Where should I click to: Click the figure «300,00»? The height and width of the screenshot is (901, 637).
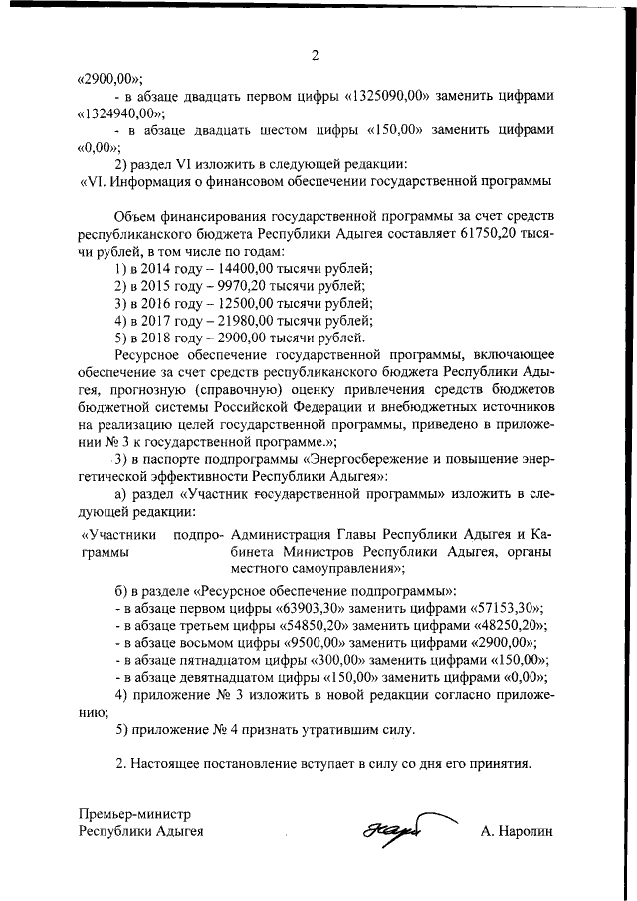point(340,661)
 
